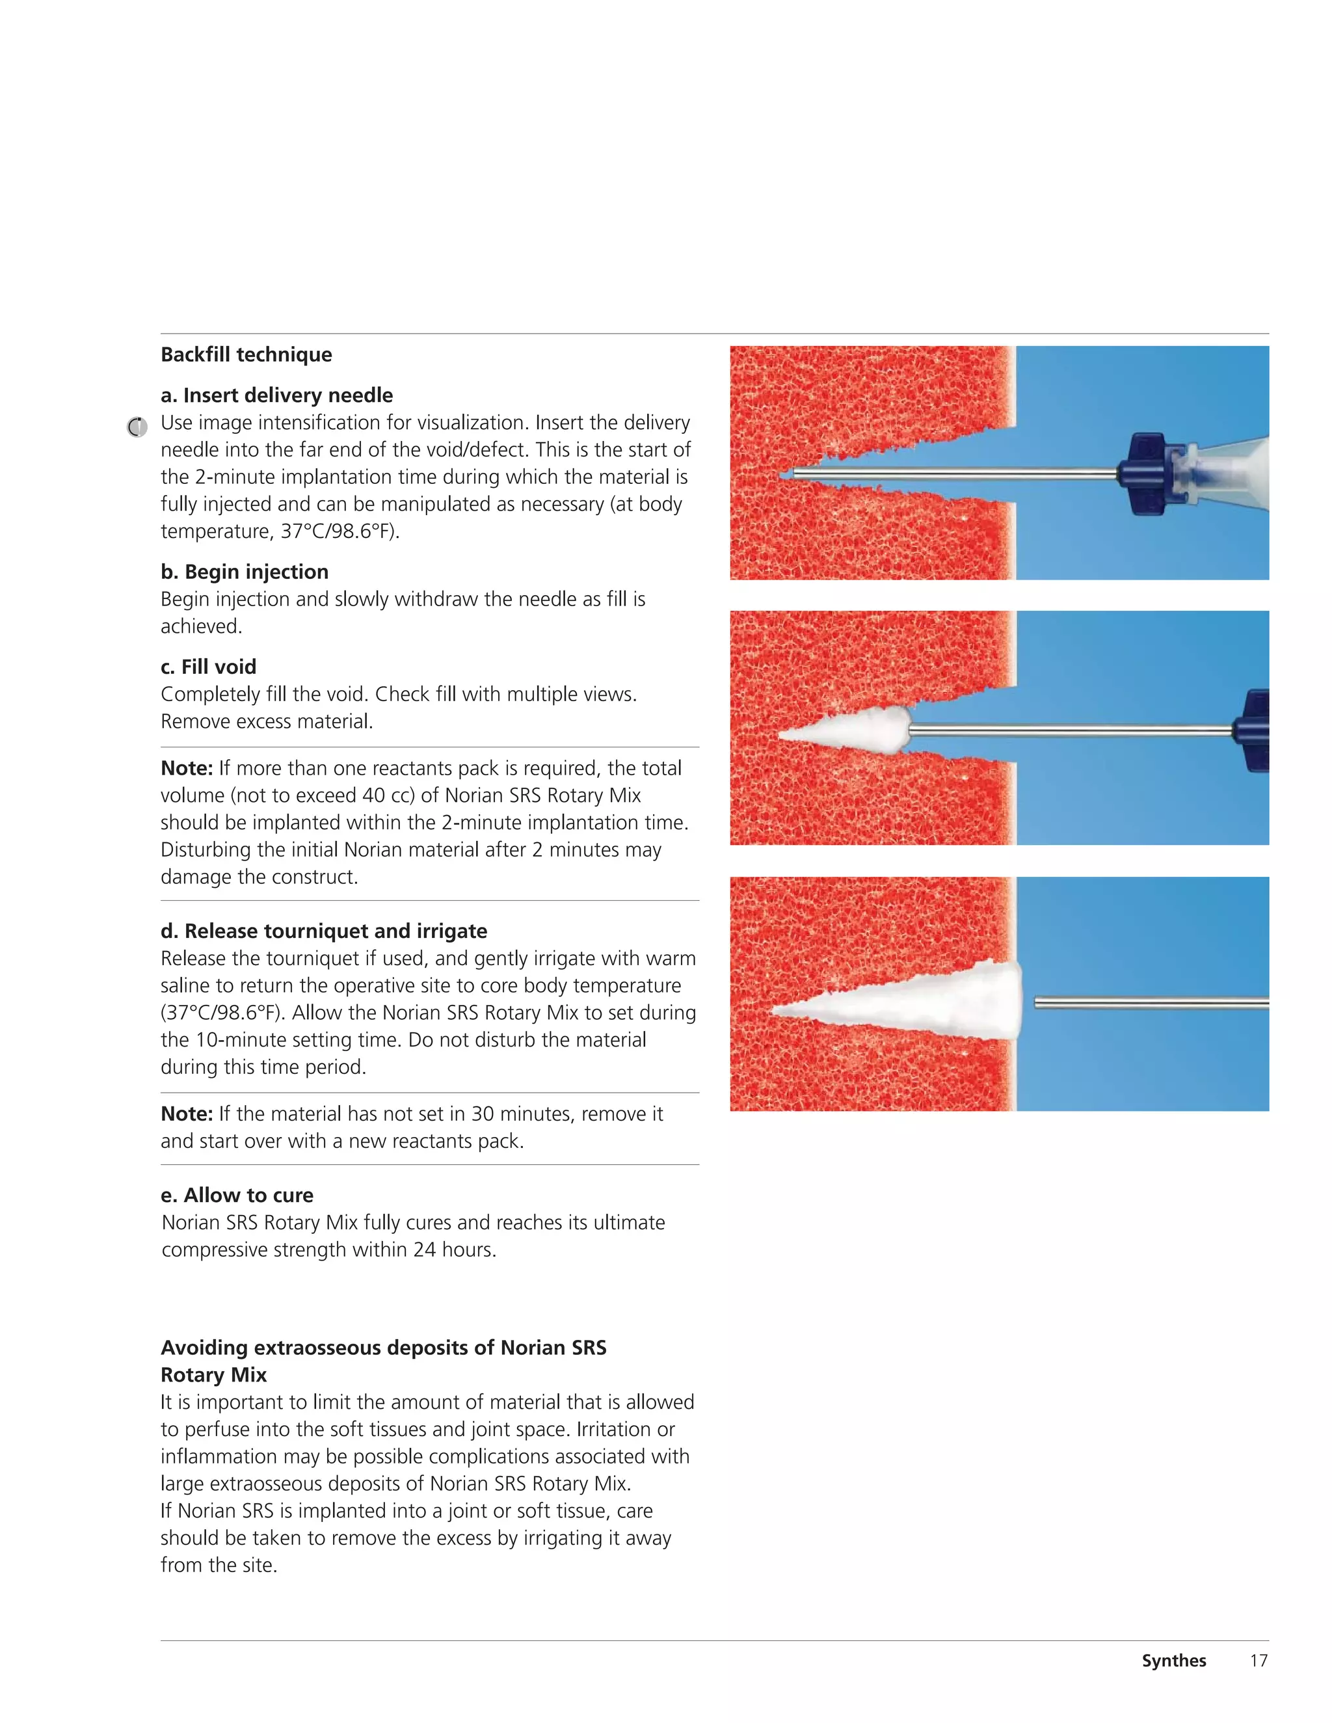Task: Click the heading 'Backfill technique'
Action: pyautogui.click(x=246, y=355)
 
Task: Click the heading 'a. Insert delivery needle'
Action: pyautogui.click(x=276, y=395)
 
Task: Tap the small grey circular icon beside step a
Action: pyautogui.click(x=137, y=427)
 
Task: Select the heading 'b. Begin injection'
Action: pyautogui.click(x=245, y=572)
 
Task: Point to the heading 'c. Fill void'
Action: pyautogui.click(x=208, y=667)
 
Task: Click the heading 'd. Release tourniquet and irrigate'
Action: pyautogui.click(x=323, y=931)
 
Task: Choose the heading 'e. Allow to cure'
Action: pyautogui.click(x=237, y=1196)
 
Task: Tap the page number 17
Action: pyautogui.click(x=1259, y=1661)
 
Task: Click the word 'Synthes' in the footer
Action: pyautogui.click(x=1173, y=1661)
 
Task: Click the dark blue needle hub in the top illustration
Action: pyautogui.click(x=1148, y=474)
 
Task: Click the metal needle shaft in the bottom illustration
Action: pyautogui.click(x=1152, y=1004)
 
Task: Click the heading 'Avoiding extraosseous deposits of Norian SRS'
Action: pyautogui.click(x=384, y=1348)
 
